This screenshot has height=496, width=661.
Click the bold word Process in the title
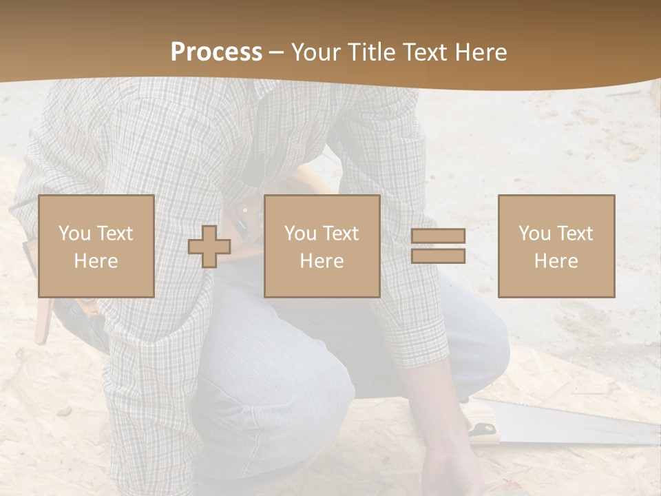(216, 52)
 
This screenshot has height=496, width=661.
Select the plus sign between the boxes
(209, 247)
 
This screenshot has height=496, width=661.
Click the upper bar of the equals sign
(438, 236)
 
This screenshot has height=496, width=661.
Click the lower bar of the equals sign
(438, 256)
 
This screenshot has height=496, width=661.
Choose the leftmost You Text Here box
(96, 246)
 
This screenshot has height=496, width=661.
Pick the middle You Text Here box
(322, 246)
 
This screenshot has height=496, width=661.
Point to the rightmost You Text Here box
(556, 246)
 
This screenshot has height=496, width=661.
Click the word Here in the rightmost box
(556, 260)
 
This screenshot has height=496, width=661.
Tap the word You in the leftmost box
(74, 233)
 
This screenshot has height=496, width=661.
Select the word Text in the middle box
(340, 233)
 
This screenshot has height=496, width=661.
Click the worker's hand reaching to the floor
(451, 468)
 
